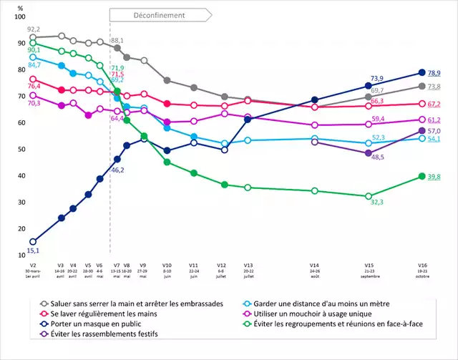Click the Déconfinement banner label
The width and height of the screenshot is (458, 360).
[159, 15]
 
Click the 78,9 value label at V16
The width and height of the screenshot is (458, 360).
[434, 73]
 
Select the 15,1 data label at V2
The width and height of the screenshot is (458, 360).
[33, 250]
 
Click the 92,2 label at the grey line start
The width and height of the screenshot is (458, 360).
[34, 29]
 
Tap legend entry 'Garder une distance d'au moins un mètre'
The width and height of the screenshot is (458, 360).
[316, 303]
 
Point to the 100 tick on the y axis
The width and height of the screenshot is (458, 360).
[19, 16]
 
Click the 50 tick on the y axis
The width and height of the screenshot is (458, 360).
[21, 149]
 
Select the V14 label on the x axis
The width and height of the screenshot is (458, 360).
[314, 266]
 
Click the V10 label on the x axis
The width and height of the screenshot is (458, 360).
[167, 266]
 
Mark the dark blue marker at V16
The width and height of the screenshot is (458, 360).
[422, 72]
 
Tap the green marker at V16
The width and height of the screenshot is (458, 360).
[422, 176]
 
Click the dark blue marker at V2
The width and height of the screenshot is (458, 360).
[33, 242]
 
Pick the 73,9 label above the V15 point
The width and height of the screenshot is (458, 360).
[377, 78]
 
